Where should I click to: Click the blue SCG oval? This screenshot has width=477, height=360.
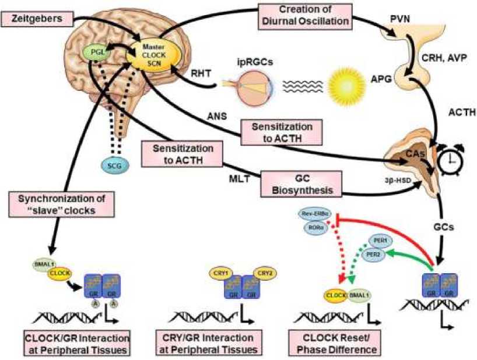[114, 165]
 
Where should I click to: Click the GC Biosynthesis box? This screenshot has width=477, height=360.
[300, 182]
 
